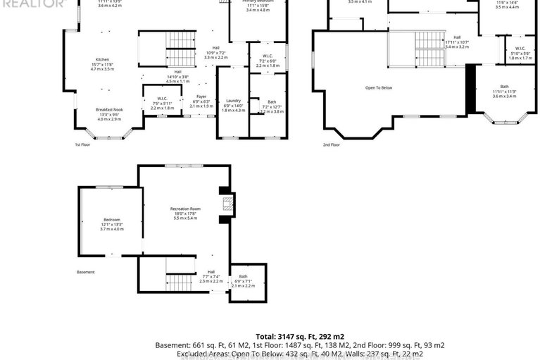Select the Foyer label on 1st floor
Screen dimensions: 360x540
click(x=201, y=97)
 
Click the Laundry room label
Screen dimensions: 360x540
click(x=233, y=101)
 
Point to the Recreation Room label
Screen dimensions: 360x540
click(x=185, y=209)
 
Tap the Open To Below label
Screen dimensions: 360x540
click(x=377, y=87)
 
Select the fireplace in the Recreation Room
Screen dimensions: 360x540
click(x=226, y=205)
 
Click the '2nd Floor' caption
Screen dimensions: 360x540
click(x=332, y=144)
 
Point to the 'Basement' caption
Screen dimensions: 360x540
click(x=86, y=271)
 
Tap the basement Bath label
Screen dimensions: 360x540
click(x=244, y=277)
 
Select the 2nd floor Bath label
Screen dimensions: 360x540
click(x=504, y=87)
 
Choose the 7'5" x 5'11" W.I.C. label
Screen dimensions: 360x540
click(x=161, y=98)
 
